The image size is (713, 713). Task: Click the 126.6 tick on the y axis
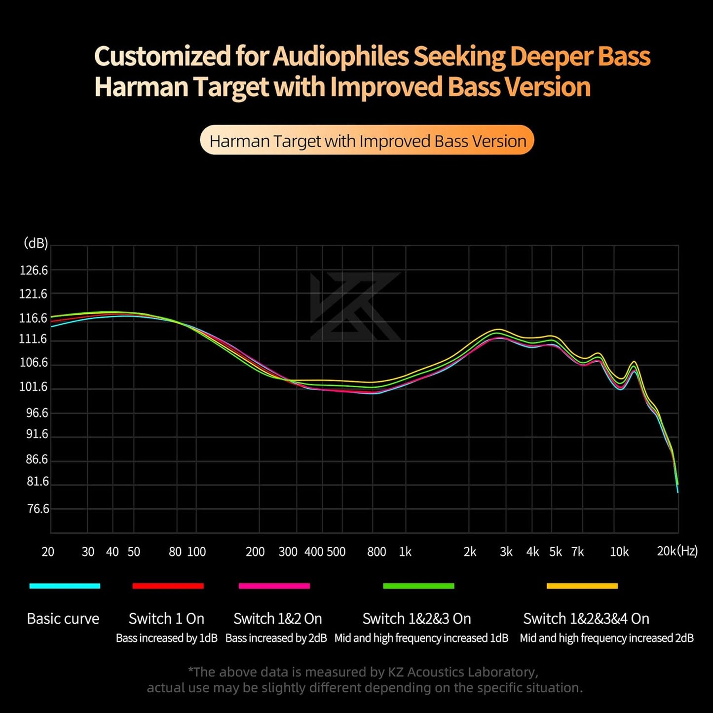pos(34,270)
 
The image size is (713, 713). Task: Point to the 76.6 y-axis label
pos(38,509)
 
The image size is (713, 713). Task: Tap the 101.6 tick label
pos(34,387)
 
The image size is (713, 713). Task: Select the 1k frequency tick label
pos(405,552)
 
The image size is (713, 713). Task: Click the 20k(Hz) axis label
pos(677,551)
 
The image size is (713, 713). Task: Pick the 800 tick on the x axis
pos(376,552)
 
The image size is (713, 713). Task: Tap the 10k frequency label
pos(619,552)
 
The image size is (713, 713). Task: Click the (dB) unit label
pos(36,243)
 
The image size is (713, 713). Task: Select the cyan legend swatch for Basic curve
pos(65,586)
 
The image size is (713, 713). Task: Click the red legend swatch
pos(168,586)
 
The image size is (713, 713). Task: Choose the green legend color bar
pos(418,586)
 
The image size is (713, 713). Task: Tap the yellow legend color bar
pos(582,586)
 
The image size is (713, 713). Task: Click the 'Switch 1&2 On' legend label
pos(277,618)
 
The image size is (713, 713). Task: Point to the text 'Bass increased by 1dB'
pos(166,638)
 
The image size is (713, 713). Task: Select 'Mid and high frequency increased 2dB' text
pos(606,638)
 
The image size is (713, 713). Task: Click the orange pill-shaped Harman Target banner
pos(367,140)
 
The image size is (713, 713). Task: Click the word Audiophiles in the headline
pos(340,56)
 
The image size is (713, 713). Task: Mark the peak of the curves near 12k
pos(635,364)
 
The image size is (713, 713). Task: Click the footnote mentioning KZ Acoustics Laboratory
pos(364,672)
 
